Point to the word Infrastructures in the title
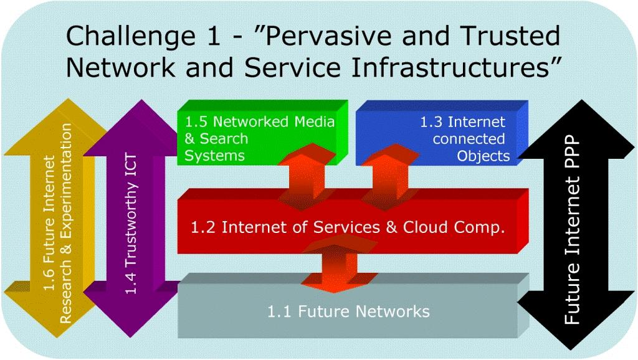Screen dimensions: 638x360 pyautogui.click(x=451, y=67)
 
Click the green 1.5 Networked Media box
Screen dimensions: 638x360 pyautogui.click(x=262, y=133)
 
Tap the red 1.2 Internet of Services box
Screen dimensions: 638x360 pyautogui.click(x=353, y=222)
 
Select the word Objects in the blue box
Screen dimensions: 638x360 pyautogui.click(x=483, y=156)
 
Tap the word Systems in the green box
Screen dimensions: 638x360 pyautogui.click(x=214, y=156)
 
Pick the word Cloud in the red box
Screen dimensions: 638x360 pyautogui.click(x=425, y=227)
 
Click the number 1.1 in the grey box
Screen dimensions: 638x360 pyautogui.click(x=279, y=311)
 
